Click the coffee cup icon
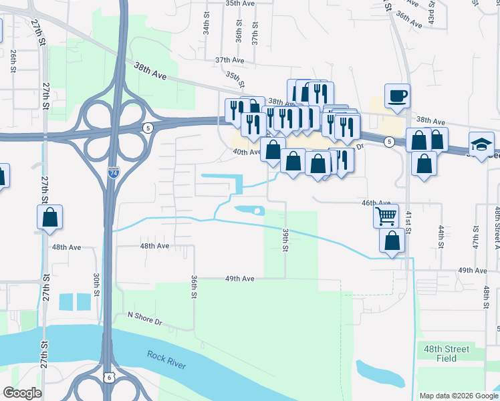pyautogui.click(x=397, y=95)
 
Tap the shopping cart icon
pyautogui.click(x=386, y=216)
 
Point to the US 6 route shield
pyautogui.click(x=108, y=378)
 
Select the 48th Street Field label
pyautogui.click(x=447, y=354)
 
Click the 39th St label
pyautogui.click(x=285, y=239)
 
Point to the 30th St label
pyautogui.click(x=96, y=285)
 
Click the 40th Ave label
pyautogui.click(x=247, y=152)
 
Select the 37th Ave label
pyautogui.click(x=229, y=60)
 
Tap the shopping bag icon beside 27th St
pyautogui.click(x=49, y=217)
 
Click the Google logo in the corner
pyautogui.click(x=22, y=393)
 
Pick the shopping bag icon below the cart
pyautogui.click(x=392, y=241)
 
